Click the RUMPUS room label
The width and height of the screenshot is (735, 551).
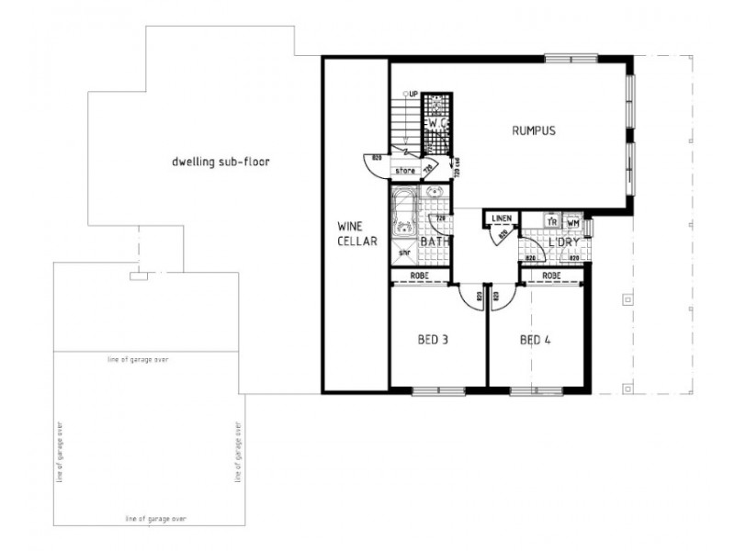(x=534, y=130)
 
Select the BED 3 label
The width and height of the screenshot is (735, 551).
(x=433, y=340)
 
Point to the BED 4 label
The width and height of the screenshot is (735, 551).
(x=535, y=340)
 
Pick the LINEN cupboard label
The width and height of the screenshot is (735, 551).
(x=501, y=218)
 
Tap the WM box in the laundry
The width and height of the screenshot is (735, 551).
(x=572, y=222)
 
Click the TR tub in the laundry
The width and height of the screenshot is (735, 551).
(x=552, y=222)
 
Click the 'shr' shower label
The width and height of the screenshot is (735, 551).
(x=402, y=252)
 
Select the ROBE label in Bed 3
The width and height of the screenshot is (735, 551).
(x=420, y=276)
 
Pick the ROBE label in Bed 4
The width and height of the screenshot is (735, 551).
(x=552, y=276)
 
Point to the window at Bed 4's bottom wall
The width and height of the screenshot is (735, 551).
(x=524, y=392)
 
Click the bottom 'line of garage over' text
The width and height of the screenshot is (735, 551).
(x=155, y=519)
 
